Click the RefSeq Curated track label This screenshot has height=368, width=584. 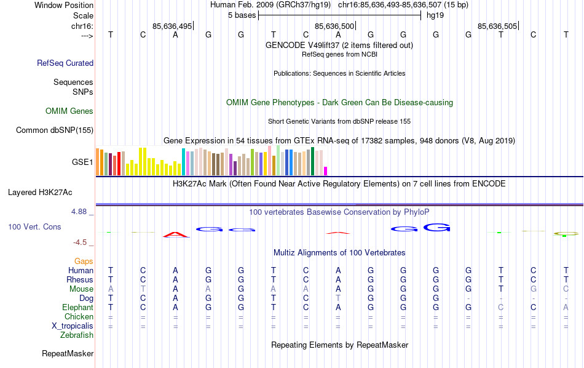[65, 63]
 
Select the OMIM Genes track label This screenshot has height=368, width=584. [69, 111]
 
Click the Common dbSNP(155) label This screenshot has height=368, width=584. [55, 130]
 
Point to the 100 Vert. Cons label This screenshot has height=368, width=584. [34, 227]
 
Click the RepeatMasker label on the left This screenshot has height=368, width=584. [68, 354]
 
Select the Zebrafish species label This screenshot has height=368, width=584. [77, 335]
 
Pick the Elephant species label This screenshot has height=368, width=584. [77, 308]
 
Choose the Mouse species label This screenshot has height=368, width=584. [81, 289]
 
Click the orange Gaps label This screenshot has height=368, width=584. [84, 262]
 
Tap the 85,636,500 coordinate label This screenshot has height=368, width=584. [334, 26]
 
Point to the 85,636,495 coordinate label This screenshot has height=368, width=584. [172, 26]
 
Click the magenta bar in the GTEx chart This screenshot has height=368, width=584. [326, 171]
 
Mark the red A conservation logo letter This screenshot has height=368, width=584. [176, 234]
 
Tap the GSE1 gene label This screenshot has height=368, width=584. [82, 162]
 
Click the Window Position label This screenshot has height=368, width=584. [64, 5]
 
